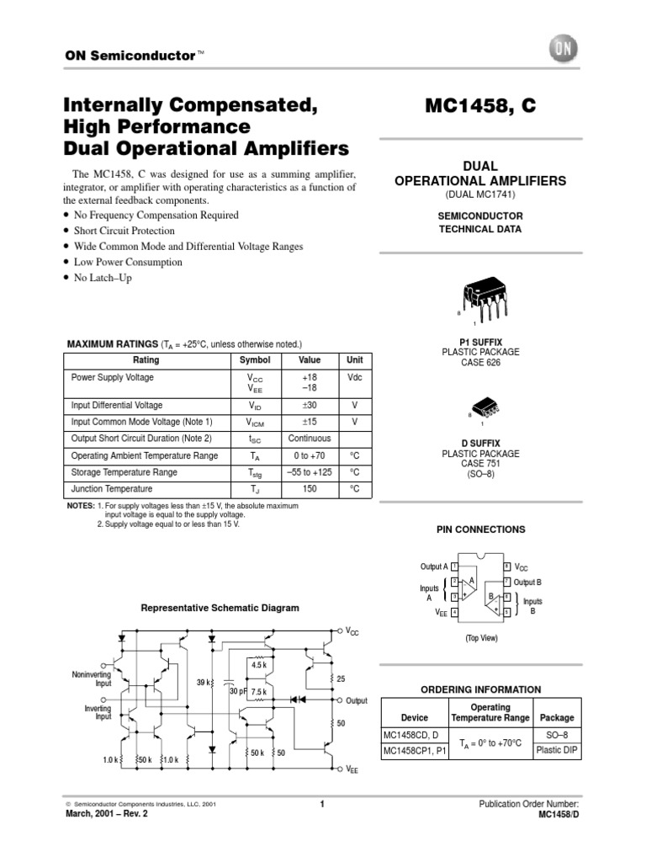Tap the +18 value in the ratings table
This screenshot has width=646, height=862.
click(x=309, y=378)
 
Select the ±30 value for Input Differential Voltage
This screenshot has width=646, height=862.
click(x=309, y=405)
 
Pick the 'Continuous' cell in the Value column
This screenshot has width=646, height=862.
click(x=309, y=439)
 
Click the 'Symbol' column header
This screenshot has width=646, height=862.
click(x=255, y=359)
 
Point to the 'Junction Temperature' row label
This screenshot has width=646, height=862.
click(x=112, y=489)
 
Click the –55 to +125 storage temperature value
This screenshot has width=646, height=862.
click(x=309, y=472)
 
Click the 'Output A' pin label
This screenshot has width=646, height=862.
click(x=434, y=567)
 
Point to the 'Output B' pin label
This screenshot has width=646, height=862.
click(x=527, y=582)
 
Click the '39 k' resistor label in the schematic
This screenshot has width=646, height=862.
click(x=204, y=682)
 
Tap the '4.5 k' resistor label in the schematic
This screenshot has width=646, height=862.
click(x=258, y=666)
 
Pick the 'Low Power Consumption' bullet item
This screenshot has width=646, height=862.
click(x=128, y=262)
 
